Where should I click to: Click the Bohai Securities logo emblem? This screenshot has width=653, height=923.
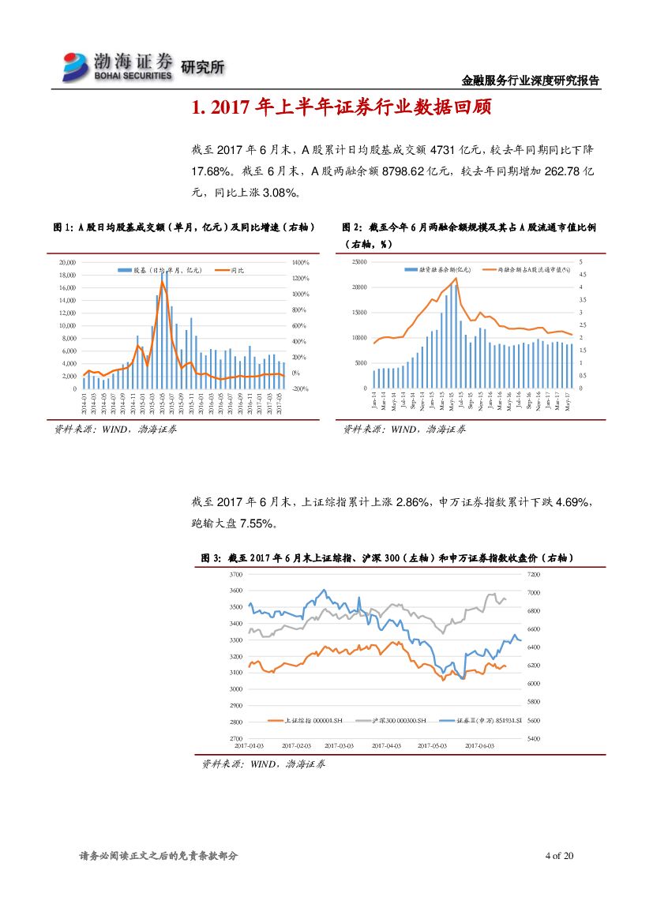coord(77,66)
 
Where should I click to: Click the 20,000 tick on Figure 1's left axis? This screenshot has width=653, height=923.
coord(67,262)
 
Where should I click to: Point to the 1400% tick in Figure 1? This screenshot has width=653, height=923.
coord(301,262)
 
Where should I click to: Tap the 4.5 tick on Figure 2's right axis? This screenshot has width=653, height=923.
coord(581,274)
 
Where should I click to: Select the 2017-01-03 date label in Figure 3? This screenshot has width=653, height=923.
coord(250,745)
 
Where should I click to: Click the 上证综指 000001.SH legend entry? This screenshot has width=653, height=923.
coord(312,721)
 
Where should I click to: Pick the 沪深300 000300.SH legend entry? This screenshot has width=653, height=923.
coord(392,721)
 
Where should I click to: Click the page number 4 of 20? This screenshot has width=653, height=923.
coord(559,856)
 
